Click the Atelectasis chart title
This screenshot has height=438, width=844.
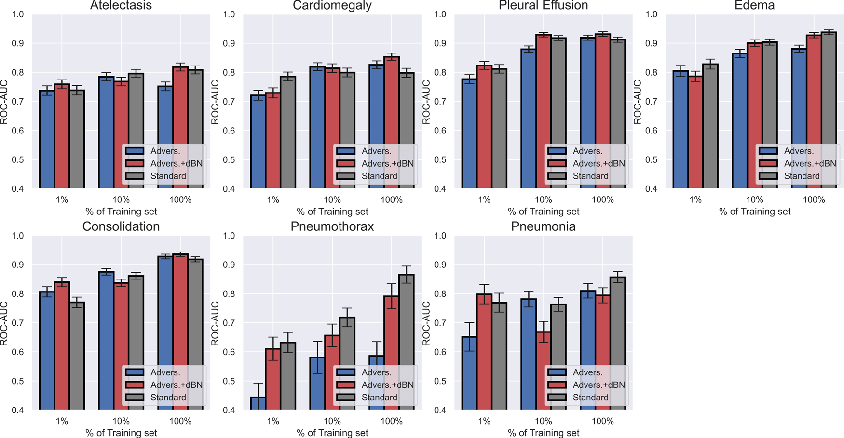click(x=121, y=6)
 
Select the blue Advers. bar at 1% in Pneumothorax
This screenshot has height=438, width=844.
click(x=258, y=403)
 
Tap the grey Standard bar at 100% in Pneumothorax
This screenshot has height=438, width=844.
click(x=406, y=342)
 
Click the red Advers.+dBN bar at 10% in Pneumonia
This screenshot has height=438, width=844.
click(x=544, y=371)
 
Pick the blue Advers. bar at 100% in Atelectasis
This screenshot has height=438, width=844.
click(x=165, y=137)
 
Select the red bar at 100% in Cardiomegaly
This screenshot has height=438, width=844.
click(x=392, y=123)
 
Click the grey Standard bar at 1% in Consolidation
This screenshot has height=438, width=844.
click(x=77, y=357)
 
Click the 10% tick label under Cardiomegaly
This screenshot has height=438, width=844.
click(x=332, y=200)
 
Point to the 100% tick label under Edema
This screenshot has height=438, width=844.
click(x=814, y=200)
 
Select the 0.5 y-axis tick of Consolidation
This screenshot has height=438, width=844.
click(x=17, y=381)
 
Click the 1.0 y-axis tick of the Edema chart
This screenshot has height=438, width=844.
click(x=651, y=14)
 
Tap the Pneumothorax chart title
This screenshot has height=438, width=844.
click(x=332, y=227)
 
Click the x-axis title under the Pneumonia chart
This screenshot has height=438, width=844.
click(x=544, y=433)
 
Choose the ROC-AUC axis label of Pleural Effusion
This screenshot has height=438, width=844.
click(x=426, y=102)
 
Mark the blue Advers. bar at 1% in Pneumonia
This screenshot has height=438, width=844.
click(x=469, y=373)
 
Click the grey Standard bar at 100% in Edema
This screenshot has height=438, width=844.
click(x=829, y=111)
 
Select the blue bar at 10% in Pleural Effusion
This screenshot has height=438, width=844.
click(x=529, y=118)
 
